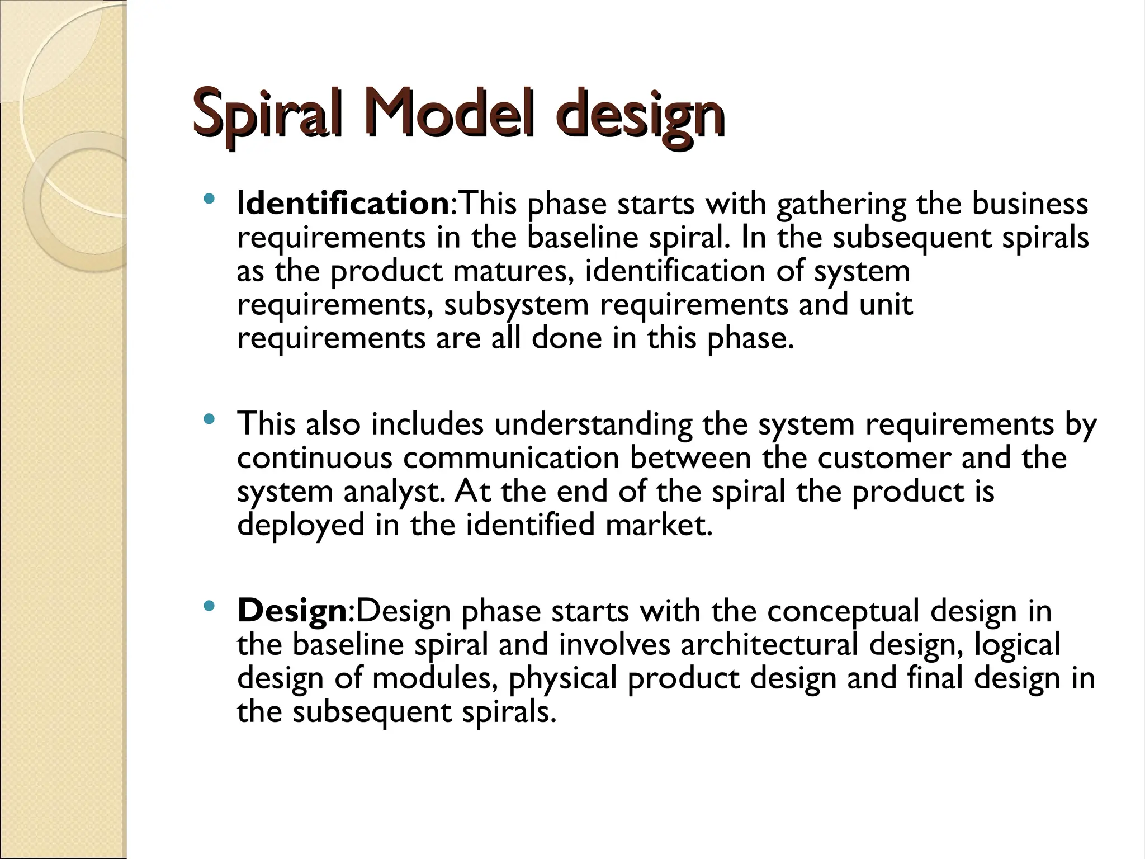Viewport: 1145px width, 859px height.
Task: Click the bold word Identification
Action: tap(342, 204)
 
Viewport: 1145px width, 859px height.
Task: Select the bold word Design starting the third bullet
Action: tap(292, 611)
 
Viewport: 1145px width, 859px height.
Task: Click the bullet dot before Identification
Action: tap(209, 199)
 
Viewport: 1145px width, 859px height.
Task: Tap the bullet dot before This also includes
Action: tap(209, 419)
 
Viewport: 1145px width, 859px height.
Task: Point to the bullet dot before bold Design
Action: tap(209, 606)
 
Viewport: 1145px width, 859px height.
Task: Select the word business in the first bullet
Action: tap(1030, 204)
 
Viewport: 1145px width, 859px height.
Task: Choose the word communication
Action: tap(511, 458)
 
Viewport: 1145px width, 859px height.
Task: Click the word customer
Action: tap(884, 458)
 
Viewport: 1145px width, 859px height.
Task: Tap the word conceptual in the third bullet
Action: tap(843, 612)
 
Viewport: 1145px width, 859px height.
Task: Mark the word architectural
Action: tap(769, 644)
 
